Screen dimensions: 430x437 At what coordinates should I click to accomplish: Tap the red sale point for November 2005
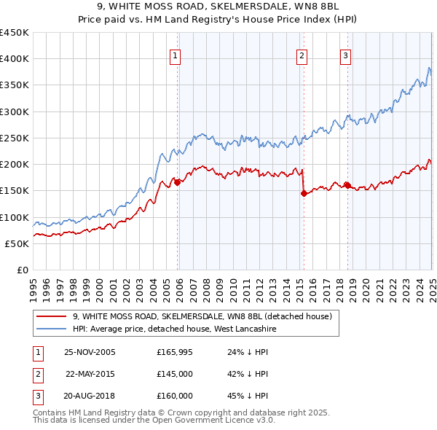point(177,182)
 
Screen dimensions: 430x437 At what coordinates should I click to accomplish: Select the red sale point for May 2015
point(302,193)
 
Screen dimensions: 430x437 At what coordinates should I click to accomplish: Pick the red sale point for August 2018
point(347,185)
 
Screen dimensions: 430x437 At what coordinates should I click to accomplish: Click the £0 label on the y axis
point(21,270)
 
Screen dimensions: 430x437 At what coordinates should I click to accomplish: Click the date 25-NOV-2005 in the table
point(90,353)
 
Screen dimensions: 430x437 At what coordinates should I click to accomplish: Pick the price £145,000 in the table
point(175,374)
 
